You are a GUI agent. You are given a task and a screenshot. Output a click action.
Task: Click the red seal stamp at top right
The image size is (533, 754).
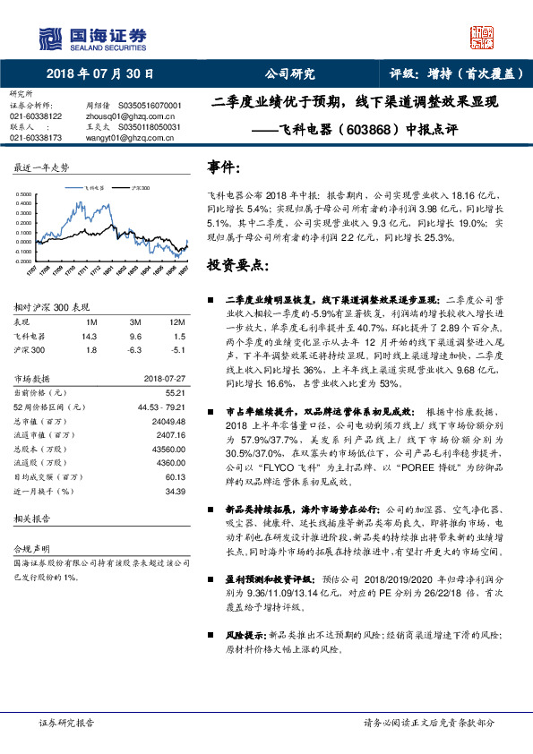[x=483, y=37]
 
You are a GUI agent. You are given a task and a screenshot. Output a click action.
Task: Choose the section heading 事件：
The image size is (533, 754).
[x=224, y=167]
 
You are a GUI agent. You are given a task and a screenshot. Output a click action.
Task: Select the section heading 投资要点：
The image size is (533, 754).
[x=238, y=266]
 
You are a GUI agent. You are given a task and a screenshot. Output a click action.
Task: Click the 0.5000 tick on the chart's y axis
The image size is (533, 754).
[x=28, y=193]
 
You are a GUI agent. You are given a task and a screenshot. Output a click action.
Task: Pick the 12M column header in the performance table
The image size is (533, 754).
[x=177, y=322]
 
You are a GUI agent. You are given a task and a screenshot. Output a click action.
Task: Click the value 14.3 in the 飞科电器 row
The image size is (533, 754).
[x=89, y=336]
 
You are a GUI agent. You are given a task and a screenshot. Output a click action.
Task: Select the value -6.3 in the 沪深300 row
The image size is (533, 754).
[x=136, y=349]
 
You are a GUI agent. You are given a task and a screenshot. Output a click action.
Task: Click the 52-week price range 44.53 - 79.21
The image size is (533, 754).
[x=161, y=408]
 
